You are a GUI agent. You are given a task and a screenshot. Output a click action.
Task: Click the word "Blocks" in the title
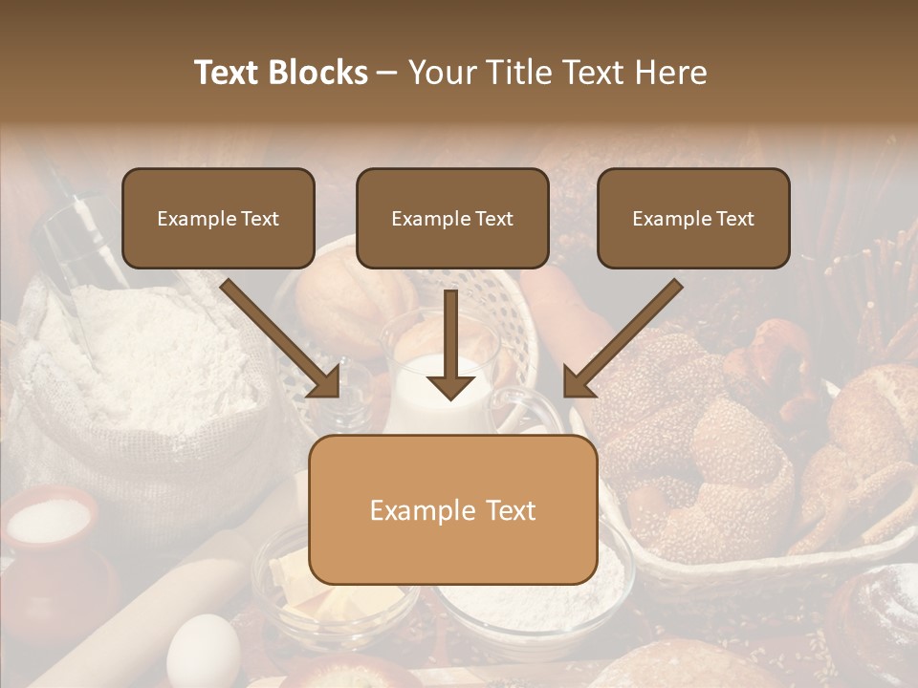[317, 73]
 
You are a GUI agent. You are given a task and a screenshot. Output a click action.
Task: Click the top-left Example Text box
[218, 218]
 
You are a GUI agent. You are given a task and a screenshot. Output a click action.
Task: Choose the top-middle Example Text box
[452, 218]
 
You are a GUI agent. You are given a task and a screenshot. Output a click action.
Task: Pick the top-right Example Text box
[693, 218]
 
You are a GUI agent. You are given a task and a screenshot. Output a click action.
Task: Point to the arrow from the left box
[282, 339]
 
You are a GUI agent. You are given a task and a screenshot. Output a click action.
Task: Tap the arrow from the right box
[622, 339]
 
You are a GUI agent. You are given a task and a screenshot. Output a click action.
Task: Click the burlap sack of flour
[143, 382]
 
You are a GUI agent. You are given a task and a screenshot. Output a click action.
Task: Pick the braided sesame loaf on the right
[727, 449]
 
